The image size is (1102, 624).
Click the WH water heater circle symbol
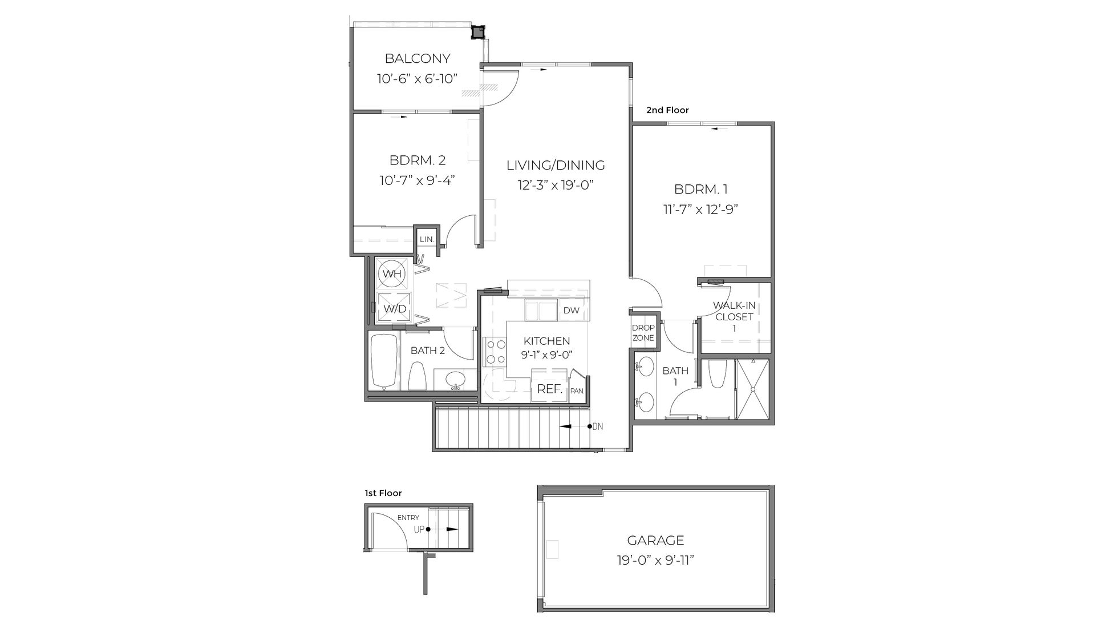click(392, 274)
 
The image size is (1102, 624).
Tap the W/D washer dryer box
click(395, 309)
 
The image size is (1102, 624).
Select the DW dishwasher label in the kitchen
click(571, 311)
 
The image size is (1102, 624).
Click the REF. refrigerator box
click(550, 390)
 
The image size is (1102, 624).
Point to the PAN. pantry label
click(577, 391)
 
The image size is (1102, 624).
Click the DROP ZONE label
click(643, 333)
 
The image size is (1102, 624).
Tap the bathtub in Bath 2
click(384, 361)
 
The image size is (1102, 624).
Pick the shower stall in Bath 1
click(752, 389)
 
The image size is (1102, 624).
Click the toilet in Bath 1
click(716, 374)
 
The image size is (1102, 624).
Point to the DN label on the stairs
click(598, 426)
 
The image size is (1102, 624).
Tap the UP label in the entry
click(419, 529)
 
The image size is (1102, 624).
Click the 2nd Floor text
click(667, 110)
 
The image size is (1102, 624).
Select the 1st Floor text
click(383, 493)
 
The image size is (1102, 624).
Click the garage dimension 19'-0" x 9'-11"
click(655, 561)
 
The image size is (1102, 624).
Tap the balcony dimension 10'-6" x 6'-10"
click(418, 79)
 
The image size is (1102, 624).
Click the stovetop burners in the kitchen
click(495, 352)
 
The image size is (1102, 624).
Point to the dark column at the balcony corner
click(477, 32)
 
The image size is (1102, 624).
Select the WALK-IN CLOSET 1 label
click(734, 317)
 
